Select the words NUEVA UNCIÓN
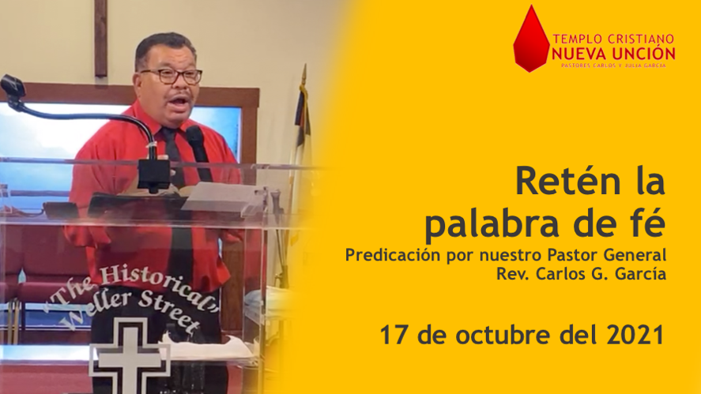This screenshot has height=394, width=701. click(613, 54)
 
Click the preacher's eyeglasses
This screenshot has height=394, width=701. click(172, 77)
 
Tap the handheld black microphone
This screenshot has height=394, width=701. click(199, 152)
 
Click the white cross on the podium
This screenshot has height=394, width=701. click(129, 355)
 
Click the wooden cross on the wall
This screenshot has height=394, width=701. click(100, 38)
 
